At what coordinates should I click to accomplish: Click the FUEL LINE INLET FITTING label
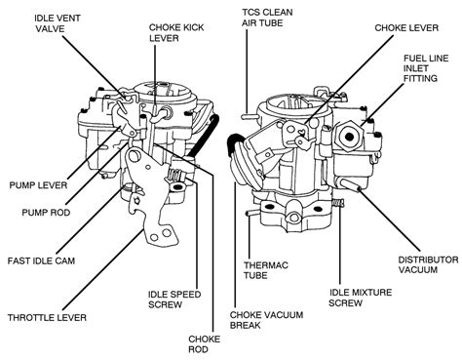tap(436, 71)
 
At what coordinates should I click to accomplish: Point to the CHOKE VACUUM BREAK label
tap(264, 321)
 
